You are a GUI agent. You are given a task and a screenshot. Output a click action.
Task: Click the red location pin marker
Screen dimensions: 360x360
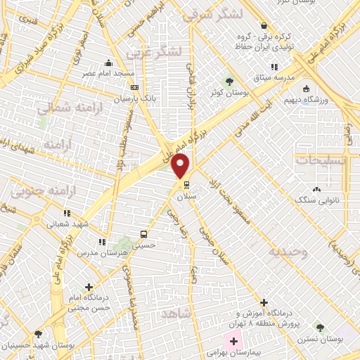(181, 166)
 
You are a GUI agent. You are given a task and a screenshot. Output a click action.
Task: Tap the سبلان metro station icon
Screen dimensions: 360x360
(186, 185)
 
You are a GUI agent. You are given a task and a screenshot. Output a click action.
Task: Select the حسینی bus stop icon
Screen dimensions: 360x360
(144, 234)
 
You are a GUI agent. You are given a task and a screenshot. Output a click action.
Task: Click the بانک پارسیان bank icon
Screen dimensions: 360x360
(134, 88)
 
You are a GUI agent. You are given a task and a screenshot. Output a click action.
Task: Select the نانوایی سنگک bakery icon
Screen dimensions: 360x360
(316, 189)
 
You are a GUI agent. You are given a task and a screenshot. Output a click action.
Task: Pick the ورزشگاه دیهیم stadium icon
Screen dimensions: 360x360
(306, 89)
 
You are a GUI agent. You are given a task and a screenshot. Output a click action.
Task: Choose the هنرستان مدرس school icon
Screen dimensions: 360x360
(102, 241)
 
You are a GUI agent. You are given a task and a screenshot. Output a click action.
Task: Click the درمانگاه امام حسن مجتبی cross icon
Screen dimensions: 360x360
(88, 287)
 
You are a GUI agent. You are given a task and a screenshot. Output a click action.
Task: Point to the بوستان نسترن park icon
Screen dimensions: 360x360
(320, 328)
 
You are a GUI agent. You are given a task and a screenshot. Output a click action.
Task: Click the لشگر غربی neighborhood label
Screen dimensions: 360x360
(153, 51)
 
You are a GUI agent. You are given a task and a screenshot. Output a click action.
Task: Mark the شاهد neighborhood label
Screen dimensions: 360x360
(175, 312)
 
